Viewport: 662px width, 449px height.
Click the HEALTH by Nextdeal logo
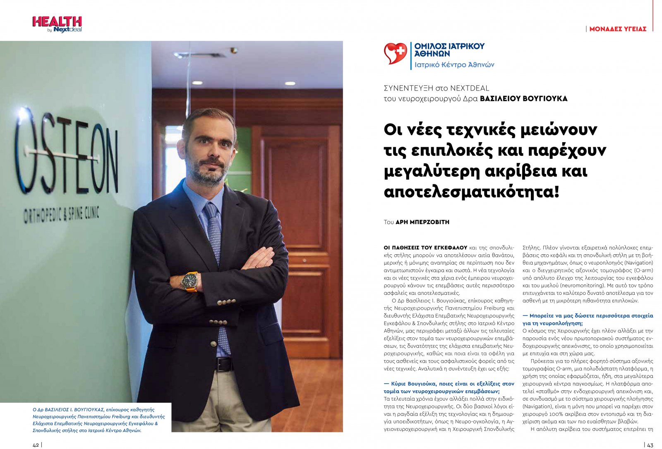(x=57, y=24)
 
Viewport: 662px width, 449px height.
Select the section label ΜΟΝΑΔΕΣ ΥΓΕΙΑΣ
(x=617, y=29)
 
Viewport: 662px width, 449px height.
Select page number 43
(x=650, y=445)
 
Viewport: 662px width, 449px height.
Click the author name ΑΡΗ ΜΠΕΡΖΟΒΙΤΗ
(x=422, y=222)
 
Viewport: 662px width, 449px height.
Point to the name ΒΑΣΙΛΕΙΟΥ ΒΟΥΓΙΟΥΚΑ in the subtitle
(x=523, y=99)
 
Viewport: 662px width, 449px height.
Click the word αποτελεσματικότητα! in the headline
(x=471, y=192)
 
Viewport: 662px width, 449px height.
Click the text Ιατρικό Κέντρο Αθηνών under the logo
(x=454, y=65)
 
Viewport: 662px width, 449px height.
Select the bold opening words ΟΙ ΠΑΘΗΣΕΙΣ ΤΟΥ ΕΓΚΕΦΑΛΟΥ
(x=425, y=248)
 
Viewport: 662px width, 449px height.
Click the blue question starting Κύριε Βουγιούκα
(x=449, y=387)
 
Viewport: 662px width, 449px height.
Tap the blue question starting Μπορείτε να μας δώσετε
(x=588, y=319)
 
